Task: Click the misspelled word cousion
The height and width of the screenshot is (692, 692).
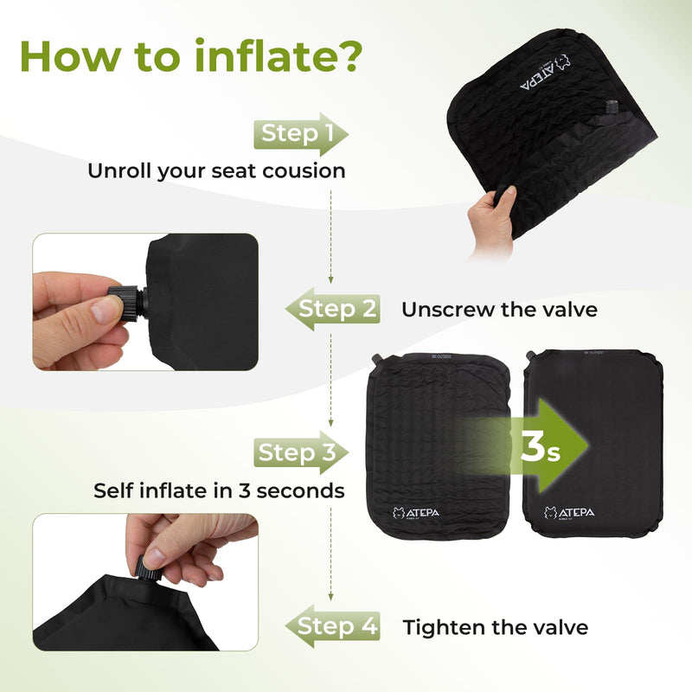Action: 304,171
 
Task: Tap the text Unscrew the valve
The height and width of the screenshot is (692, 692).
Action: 499,310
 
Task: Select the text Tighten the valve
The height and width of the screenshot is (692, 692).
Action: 495,627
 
